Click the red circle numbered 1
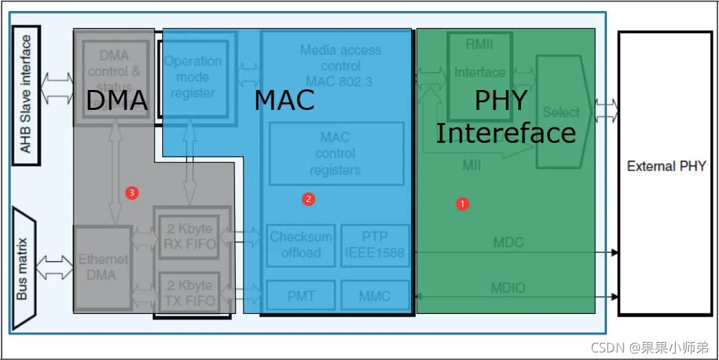463,203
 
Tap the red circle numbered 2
309,199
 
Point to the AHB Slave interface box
26,95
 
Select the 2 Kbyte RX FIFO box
185,236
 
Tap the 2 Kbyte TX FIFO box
185,293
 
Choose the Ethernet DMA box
102,267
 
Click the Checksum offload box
301,245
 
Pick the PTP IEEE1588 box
375,245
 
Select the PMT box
301,296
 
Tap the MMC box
375,296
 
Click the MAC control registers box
335,153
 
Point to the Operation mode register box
193,77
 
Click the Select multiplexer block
560,112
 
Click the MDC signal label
508,242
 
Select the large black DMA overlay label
117,100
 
